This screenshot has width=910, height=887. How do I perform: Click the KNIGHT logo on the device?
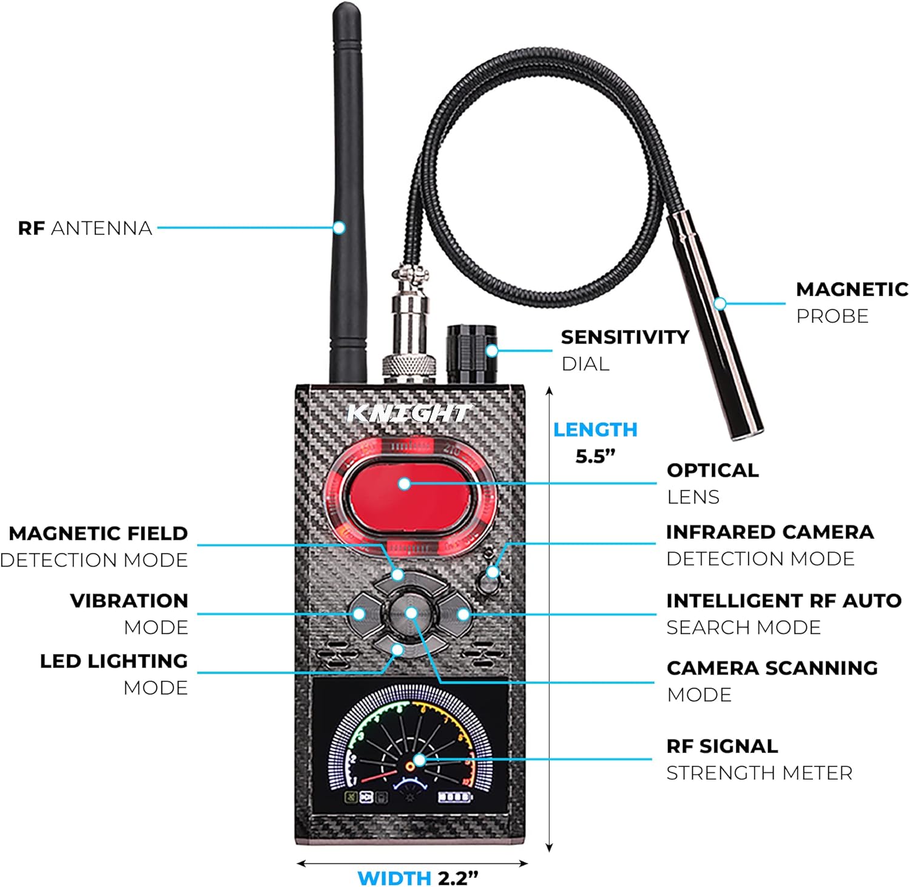(408, 413)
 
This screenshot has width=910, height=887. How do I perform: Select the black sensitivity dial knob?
(471, 354)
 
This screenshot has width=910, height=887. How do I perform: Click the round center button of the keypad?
(411, 613)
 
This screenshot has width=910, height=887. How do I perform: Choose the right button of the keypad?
(460, 614)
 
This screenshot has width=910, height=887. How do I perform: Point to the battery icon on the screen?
(455, 797)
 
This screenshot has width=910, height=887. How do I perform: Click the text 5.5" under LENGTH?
(595, 456)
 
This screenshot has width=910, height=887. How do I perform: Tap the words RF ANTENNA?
(85, 228)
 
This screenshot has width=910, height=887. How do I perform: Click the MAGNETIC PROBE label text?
(851, 302)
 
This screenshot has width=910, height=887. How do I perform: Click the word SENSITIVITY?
(624, 337)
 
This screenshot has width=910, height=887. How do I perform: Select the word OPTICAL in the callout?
(712, 470)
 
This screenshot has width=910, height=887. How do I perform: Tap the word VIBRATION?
(129, 601)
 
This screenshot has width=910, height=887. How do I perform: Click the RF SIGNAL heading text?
(721, 746)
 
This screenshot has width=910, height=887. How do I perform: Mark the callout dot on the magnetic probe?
(720, 303)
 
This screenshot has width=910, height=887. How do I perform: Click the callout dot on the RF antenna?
(339, 228)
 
